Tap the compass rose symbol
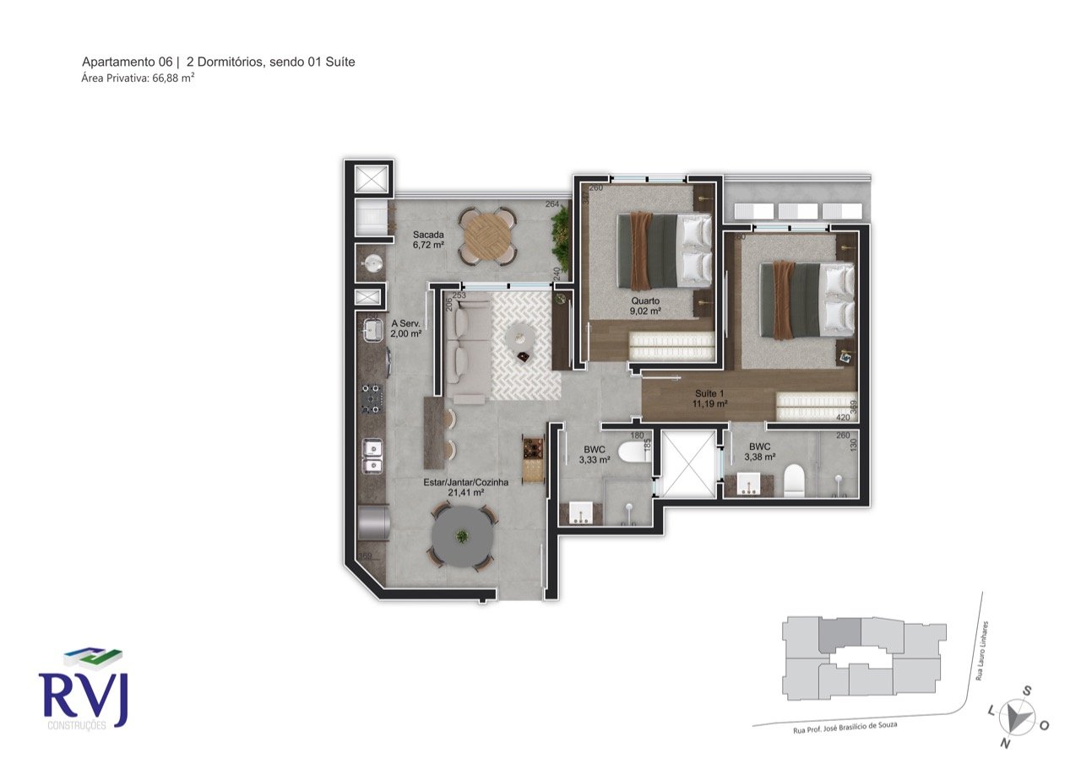[1018, 716]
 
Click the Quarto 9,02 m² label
[644, 306]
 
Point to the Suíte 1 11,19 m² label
[709, 398]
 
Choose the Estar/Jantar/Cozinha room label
[465, 487]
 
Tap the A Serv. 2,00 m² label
[405, 328]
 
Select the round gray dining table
[461, 537]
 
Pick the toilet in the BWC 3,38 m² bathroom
[794, 480]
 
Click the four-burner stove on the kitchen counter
[372, 399]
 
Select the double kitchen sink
[372, 456]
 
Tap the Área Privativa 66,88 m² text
[138, 78]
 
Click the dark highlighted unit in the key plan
[839, 633]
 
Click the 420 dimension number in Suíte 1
[843, 417]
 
